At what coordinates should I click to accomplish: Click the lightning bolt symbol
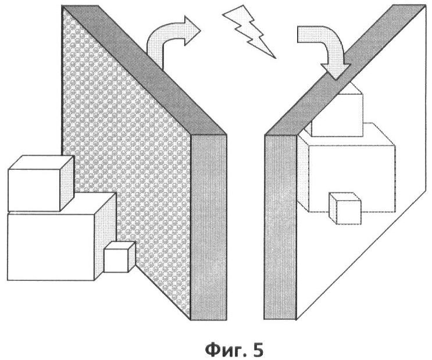pyautogui.click(x=249, y=31)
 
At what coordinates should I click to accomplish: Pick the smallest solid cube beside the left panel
pyautogui.click(x=120, y=256)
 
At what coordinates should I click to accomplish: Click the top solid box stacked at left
pyautogui.click(x=41, y=183)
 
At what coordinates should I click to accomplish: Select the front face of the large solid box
pyautogui.click(x=51, y=247)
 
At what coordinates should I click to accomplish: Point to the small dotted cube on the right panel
pyautogui.click(x=345, y=208)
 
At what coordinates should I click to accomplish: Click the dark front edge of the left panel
pyautogui.click(x=209, y=227)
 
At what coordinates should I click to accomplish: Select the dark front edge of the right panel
pyautogui.click(x=280, y=227)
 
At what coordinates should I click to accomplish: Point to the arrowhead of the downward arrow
pyautogui.click(x=335, y=71)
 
